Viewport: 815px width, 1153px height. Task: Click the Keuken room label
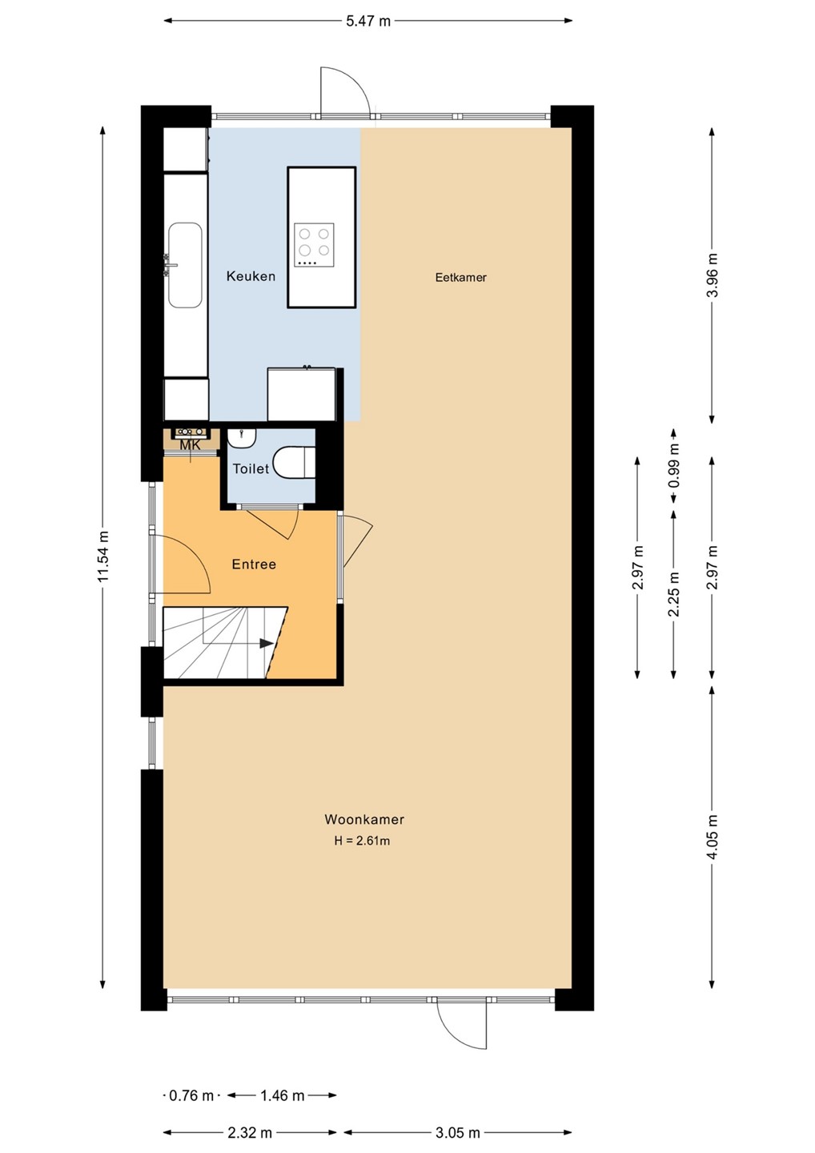[x=251, y=276]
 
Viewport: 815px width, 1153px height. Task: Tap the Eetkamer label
[x=460, y=277]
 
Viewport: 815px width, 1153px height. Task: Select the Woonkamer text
[x=364, y=819]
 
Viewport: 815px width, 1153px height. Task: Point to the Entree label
[x=254, y=564]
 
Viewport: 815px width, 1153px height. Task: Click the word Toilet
[x=251, y=468]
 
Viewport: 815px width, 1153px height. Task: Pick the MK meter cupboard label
[x=190, y=445]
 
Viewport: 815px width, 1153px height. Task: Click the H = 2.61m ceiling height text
[x=362, y=841]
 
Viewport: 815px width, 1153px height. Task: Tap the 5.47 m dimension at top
[x=368, y=21]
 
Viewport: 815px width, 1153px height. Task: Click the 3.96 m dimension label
[x=713, y=275]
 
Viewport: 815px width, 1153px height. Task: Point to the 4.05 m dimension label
[x=713, y=837]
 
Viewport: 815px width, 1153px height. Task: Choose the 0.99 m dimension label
[x=674, y=465]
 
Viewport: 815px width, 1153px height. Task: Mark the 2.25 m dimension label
[x=674, y=594]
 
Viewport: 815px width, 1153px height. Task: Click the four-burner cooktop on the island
[x=314, y=245]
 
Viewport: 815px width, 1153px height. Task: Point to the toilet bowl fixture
[x=294, y=462]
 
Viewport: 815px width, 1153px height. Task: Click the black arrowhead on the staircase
[x=266, y=644]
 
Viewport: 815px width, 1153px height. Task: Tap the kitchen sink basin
[x=185, y=265]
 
